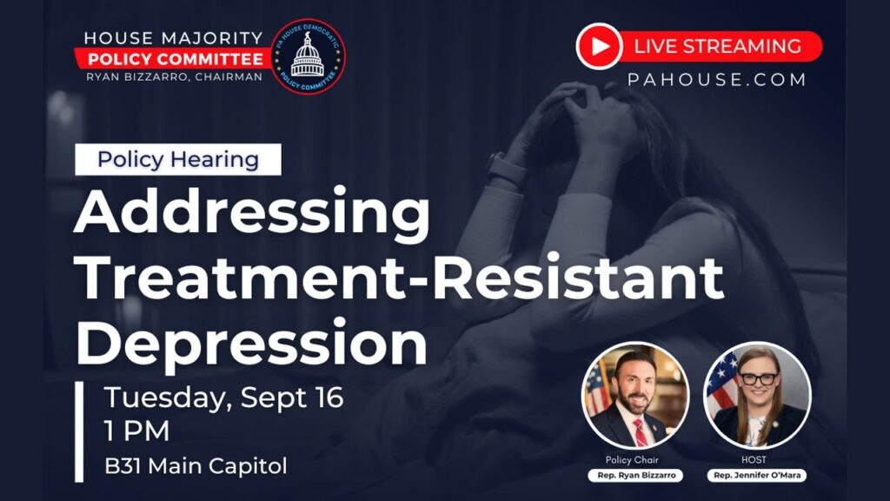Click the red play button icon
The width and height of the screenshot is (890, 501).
point(599,46)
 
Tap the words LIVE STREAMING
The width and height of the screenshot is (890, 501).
point(717,46)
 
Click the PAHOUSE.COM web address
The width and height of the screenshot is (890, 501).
point(717,79)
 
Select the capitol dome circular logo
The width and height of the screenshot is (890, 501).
point(308,57)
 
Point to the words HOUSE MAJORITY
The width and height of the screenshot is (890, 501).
point(174,38)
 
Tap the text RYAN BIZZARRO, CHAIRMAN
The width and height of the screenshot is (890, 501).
point(174,77)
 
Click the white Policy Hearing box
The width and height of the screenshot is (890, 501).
point(178,159)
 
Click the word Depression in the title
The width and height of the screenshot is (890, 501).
point(251,344)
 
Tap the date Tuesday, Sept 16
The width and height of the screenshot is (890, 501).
point(223,397)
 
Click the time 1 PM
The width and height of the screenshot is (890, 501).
point(136,431)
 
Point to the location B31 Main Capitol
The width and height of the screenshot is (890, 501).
point(196,466)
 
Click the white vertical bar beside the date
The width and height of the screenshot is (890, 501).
point(79,431)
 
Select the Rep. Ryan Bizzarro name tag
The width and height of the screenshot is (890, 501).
point(636,476)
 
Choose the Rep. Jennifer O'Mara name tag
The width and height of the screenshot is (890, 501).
point(757,476)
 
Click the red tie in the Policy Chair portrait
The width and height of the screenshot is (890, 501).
point(640,433)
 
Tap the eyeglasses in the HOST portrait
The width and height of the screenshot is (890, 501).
point(759,379)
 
